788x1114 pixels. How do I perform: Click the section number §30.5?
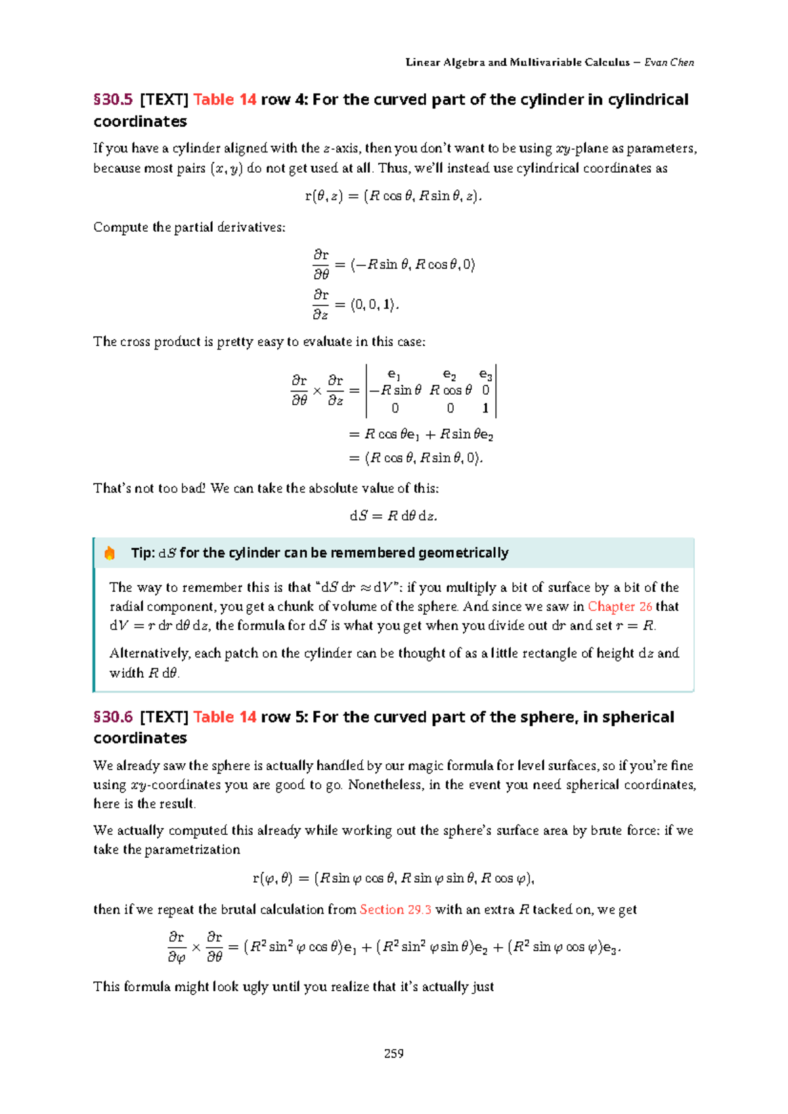pos(113,100)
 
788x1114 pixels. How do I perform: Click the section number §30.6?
pos(113,717)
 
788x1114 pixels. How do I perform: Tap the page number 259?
pos(393,1054)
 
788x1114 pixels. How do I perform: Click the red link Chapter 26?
pos(619,606)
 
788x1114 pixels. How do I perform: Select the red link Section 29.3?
pos(395,910)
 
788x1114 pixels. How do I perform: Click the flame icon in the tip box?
pos(110,553)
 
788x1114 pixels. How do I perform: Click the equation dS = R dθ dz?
pos(393,516)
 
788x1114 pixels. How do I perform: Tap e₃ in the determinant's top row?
pos(485,374)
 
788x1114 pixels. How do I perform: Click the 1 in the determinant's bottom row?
pos(485,409)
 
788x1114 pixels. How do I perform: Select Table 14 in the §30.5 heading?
pos(225,100)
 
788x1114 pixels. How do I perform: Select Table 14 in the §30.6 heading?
pos(225,717)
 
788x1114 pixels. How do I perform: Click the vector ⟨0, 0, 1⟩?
pos(373,305)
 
